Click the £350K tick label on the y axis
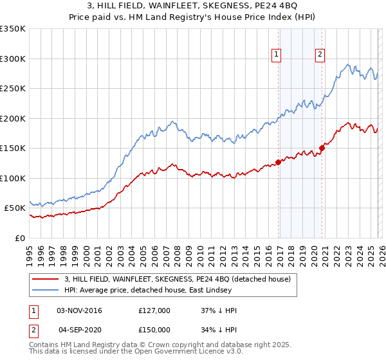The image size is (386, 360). [x=12, y=29]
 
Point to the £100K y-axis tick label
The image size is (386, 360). [x=12, y=178]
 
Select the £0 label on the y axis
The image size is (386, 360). [x=19, y=238]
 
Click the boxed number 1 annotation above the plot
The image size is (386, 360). [x=276, y=55]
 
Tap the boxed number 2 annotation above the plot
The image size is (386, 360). [x=320, y=55]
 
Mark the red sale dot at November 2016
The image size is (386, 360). [x=279, y=162]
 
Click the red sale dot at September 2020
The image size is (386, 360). [x=322, y=148]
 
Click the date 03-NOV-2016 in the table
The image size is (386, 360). [x=79, y=310]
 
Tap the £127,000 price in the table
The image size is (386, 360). [x=154, y=310]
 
